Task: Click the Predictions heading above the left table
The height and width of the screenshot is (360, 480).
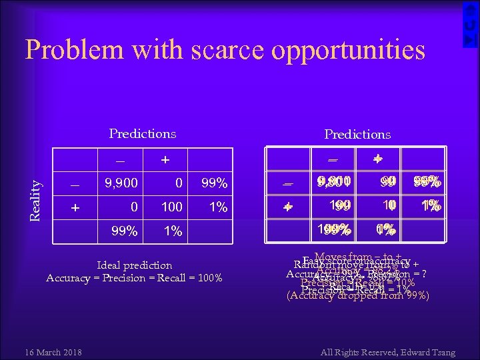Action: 143,133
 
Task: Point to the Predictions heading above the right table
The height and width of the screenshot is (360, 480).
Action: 357,134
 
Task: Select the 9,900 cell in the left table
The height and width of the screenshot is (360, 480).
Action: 121,183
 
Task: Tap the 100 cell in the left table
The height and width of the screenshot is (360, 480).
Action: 172,207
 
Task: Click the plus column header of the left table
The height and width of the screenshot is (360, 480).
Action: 165,160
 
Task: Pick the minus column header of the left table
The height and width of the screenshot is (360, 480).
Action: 121,160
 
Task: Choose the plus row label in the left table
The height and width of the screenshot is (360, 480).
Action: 75,207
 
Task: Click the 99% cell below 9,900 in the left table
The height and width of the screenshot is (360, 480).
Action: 125,231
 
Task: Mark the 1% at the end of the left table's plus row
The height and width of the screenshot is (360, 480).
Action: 217,207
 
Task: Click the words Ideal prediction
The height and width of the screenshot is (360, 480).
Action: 134,265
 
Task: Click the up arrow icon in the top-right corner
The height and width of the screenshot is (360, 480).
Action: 470,8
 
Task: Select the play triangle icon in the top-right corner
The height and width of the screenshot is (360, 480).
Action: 470,40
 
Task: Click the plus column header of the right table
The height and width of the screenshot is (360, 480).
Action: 378,160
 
